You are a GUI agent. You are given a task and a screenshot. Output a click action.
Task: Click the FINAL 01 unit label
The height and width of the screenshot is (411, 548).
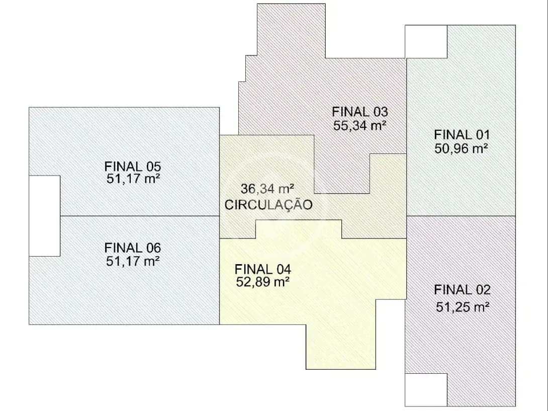(462, 135)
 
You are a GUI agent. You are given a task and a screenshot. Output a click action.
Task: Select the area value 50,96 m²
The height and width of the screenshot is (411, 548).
(462, 149)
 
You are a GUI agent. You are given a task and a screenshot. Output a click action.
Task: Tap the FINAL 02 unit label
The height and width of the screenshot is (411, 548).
(462, 290)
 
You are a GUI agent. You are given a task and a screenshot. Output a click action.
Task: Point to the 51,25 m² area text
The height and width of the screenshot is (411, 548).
(463, 307)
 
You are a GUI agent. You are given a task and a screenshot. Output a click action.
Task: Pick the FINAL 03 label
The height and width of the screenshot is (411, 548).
(359, 112)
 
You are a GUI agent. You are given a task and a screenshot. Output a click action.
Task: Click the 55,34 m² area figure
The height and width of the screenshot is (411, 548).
(359, 125)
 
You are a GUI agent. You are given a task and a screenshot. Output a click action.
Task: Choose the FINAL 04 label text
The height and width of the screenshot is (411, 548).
(263, 269)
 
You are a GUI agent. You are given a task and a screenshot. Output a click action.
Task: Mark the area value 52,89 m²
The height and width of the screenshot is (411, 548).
(263, 282)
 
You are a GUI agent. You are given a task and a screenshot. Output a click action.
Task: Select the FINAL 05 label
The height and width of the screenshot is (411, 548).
(133, 166)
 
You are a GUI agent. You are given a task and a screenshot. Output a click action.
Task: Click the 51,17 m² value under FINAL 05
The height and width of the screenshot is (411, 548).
(133, 179)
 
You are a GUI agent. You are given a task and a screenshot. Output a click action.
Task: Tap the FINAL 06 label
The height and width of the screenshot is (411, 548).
(133, 248)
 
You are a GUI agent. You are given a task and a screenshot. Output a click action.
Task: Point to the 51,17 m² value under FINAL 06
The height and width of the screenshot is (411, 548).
(133, 261)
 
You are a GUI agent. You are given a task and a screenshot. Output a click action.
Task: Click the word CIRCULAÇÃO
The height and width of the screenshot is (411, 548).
(268, 205)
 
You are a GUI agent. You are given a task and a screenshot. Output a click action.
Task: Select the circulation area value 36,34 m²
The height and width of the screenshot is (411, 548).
(267, 189)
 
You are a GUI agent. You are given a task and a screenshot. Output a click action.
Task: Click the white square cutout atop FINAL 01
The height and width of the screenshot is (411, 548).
(426, 42)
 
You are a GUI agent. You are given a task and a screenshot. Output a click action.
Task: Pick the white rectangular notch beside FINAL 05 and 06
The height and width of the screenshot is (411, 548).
(44, 216)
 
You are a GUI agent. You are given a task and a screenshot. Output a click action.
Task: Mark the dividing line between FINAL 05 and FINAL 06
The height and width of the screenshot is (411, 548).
(140, 216)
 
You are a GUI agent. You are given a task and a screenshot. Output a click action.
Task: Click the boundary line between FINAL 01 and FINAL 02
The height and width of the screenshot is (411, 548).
(461, 216)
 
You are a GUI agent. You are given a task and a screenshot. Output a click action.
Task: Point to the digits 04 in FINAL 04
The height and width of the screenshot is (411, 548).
(284, 269)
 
